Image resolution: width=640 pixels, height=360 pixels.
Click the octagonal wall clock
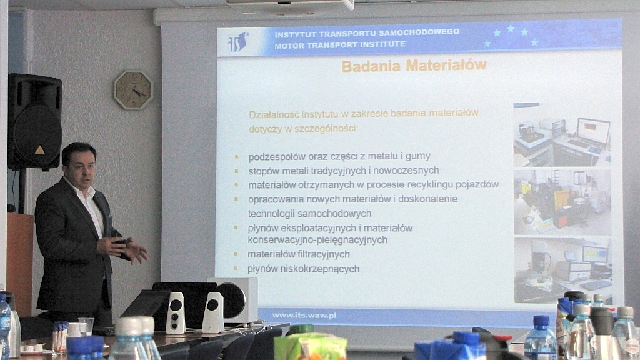[133, 90]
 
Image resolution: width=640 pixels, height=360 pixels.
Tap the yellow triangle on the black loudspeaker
[39, 150]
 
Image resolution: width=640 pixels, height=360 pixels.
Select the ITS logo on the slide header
[238, 42]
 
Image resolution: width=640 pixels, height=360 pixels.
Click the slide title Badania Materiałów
[414, 65]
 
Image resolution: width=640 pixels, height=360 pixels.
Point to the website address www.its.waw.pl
[304, 315]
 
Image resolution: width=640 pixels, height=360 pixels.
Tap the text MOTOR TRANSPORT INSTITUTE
[339, 45]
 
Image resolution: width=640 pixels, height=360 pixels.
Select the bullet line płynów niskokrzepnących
[303, 269]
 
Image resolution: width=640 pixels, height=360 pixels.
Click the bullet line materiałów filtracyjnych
[299, 254]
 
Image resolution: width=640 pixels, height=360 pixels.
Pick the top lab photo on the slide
[562, 135]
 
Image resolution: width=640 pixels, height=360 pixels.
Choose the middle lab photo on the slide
[562, 202]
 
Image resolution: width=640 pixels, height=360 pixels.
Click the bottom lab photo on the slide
[562, 270]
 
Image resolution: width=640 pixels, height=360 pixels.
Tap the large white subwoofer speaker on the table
[232, 300]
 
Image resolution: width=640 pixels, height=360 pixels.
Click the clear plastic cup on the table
[86, 326]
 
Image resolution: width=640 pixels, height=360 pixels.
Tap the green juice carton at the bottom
[310, 347]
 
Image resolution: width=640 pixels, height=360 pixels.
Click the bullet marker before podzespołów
[236, 156]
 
